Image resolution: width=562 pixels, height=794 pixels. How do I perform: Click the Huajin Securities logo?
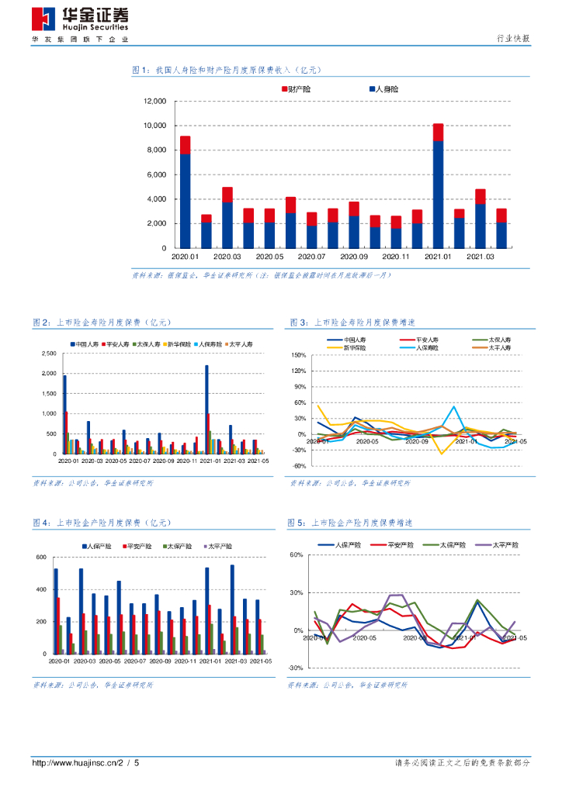80,19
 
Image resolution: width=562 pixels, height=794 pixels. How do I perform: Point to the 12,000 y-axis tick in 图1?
155,102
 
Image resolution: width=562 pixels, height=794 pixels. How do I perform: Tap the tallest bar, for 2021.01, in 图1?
439,186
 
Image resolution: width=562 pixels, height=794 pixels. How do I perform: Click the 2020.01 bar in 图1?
186,192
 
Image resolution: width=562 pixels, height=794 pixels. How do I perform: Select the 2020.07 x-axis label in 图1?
311,256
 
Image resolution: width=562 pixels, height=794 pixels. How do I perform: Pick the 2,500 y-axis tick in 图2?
49,354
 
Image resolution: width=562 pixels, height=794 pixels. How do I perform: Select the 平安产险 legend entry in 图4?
139,546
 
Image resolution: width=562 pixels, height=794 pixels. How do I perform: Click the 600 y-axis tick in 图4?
41,558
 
